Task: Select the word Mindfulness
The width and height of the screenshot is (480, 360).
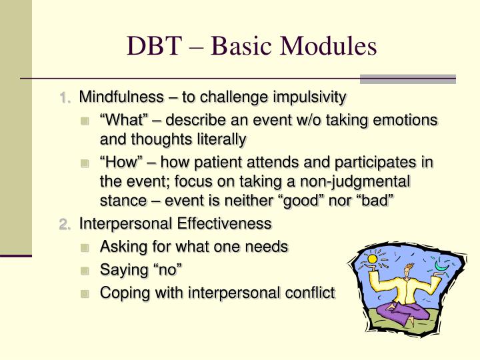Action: (120, 97)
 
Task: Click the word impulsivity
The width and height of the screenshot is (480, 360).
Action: (311, 97)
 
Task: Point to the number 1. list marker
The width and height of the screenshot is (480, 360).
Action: (65, 98)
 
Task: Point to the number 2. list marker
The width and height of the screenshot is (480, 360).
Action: (65, 223)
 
